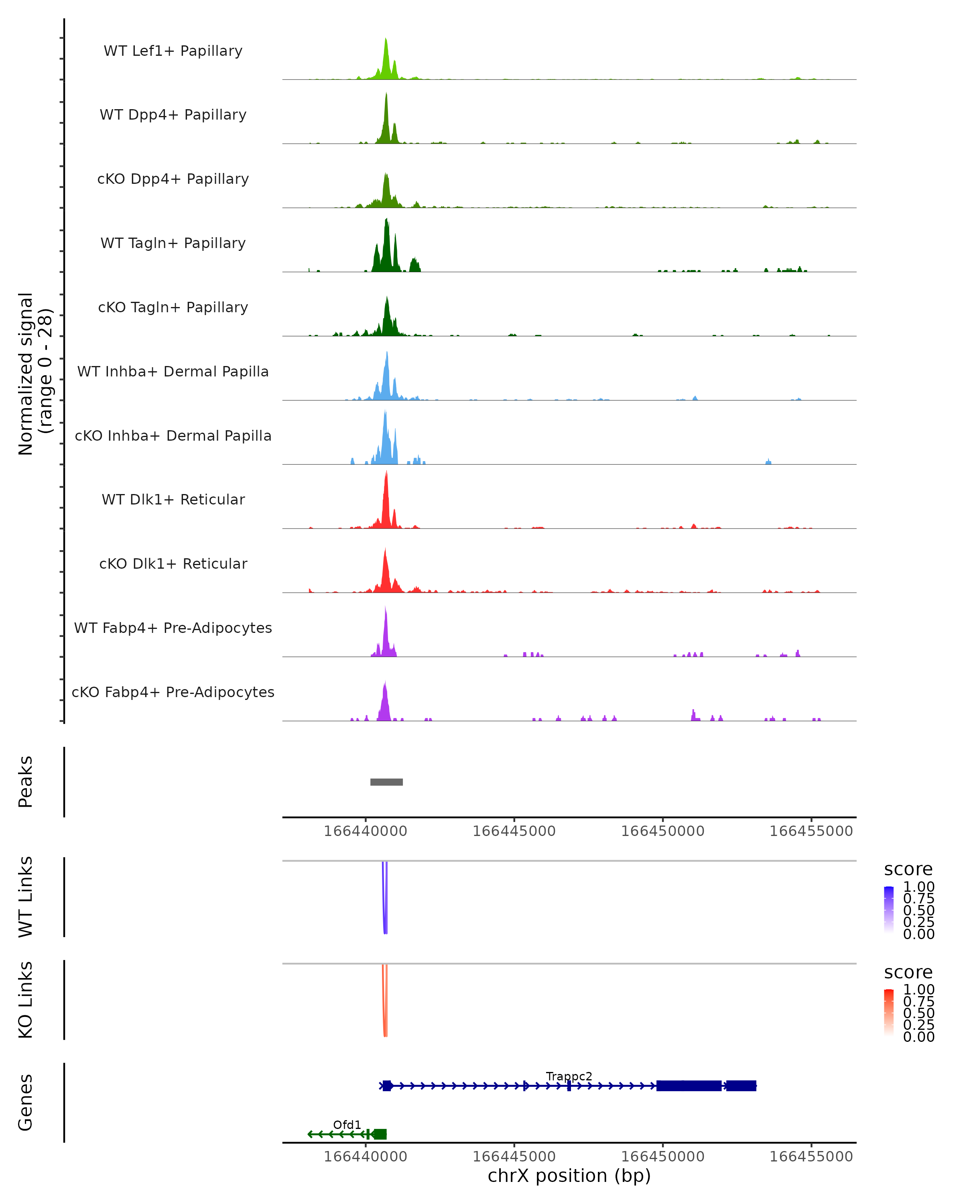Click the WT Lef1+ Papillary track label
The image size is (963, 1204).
(173, 51)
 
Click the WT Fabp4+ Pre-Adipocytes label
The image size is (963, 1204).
(173, 628)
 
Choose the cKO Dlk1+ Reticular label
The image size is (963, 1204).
(173, 563)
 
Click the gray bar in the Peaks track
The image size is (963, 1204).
(386, 782)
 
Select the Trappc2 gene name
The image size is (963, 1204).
(569, 1076)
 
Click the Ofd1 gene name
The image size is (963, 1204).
(347, 1125)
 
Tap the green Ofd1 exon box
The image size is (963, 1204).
(380, 1134)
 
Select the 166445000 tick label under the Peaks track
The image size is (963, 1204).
(514, 831)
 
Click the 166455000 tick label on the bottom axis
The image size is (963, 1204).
(811, 1157)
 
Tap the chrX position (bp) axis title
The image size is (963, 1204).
(569, 1176)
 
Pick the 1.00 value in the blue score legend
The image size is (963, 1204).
(918, 887)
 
